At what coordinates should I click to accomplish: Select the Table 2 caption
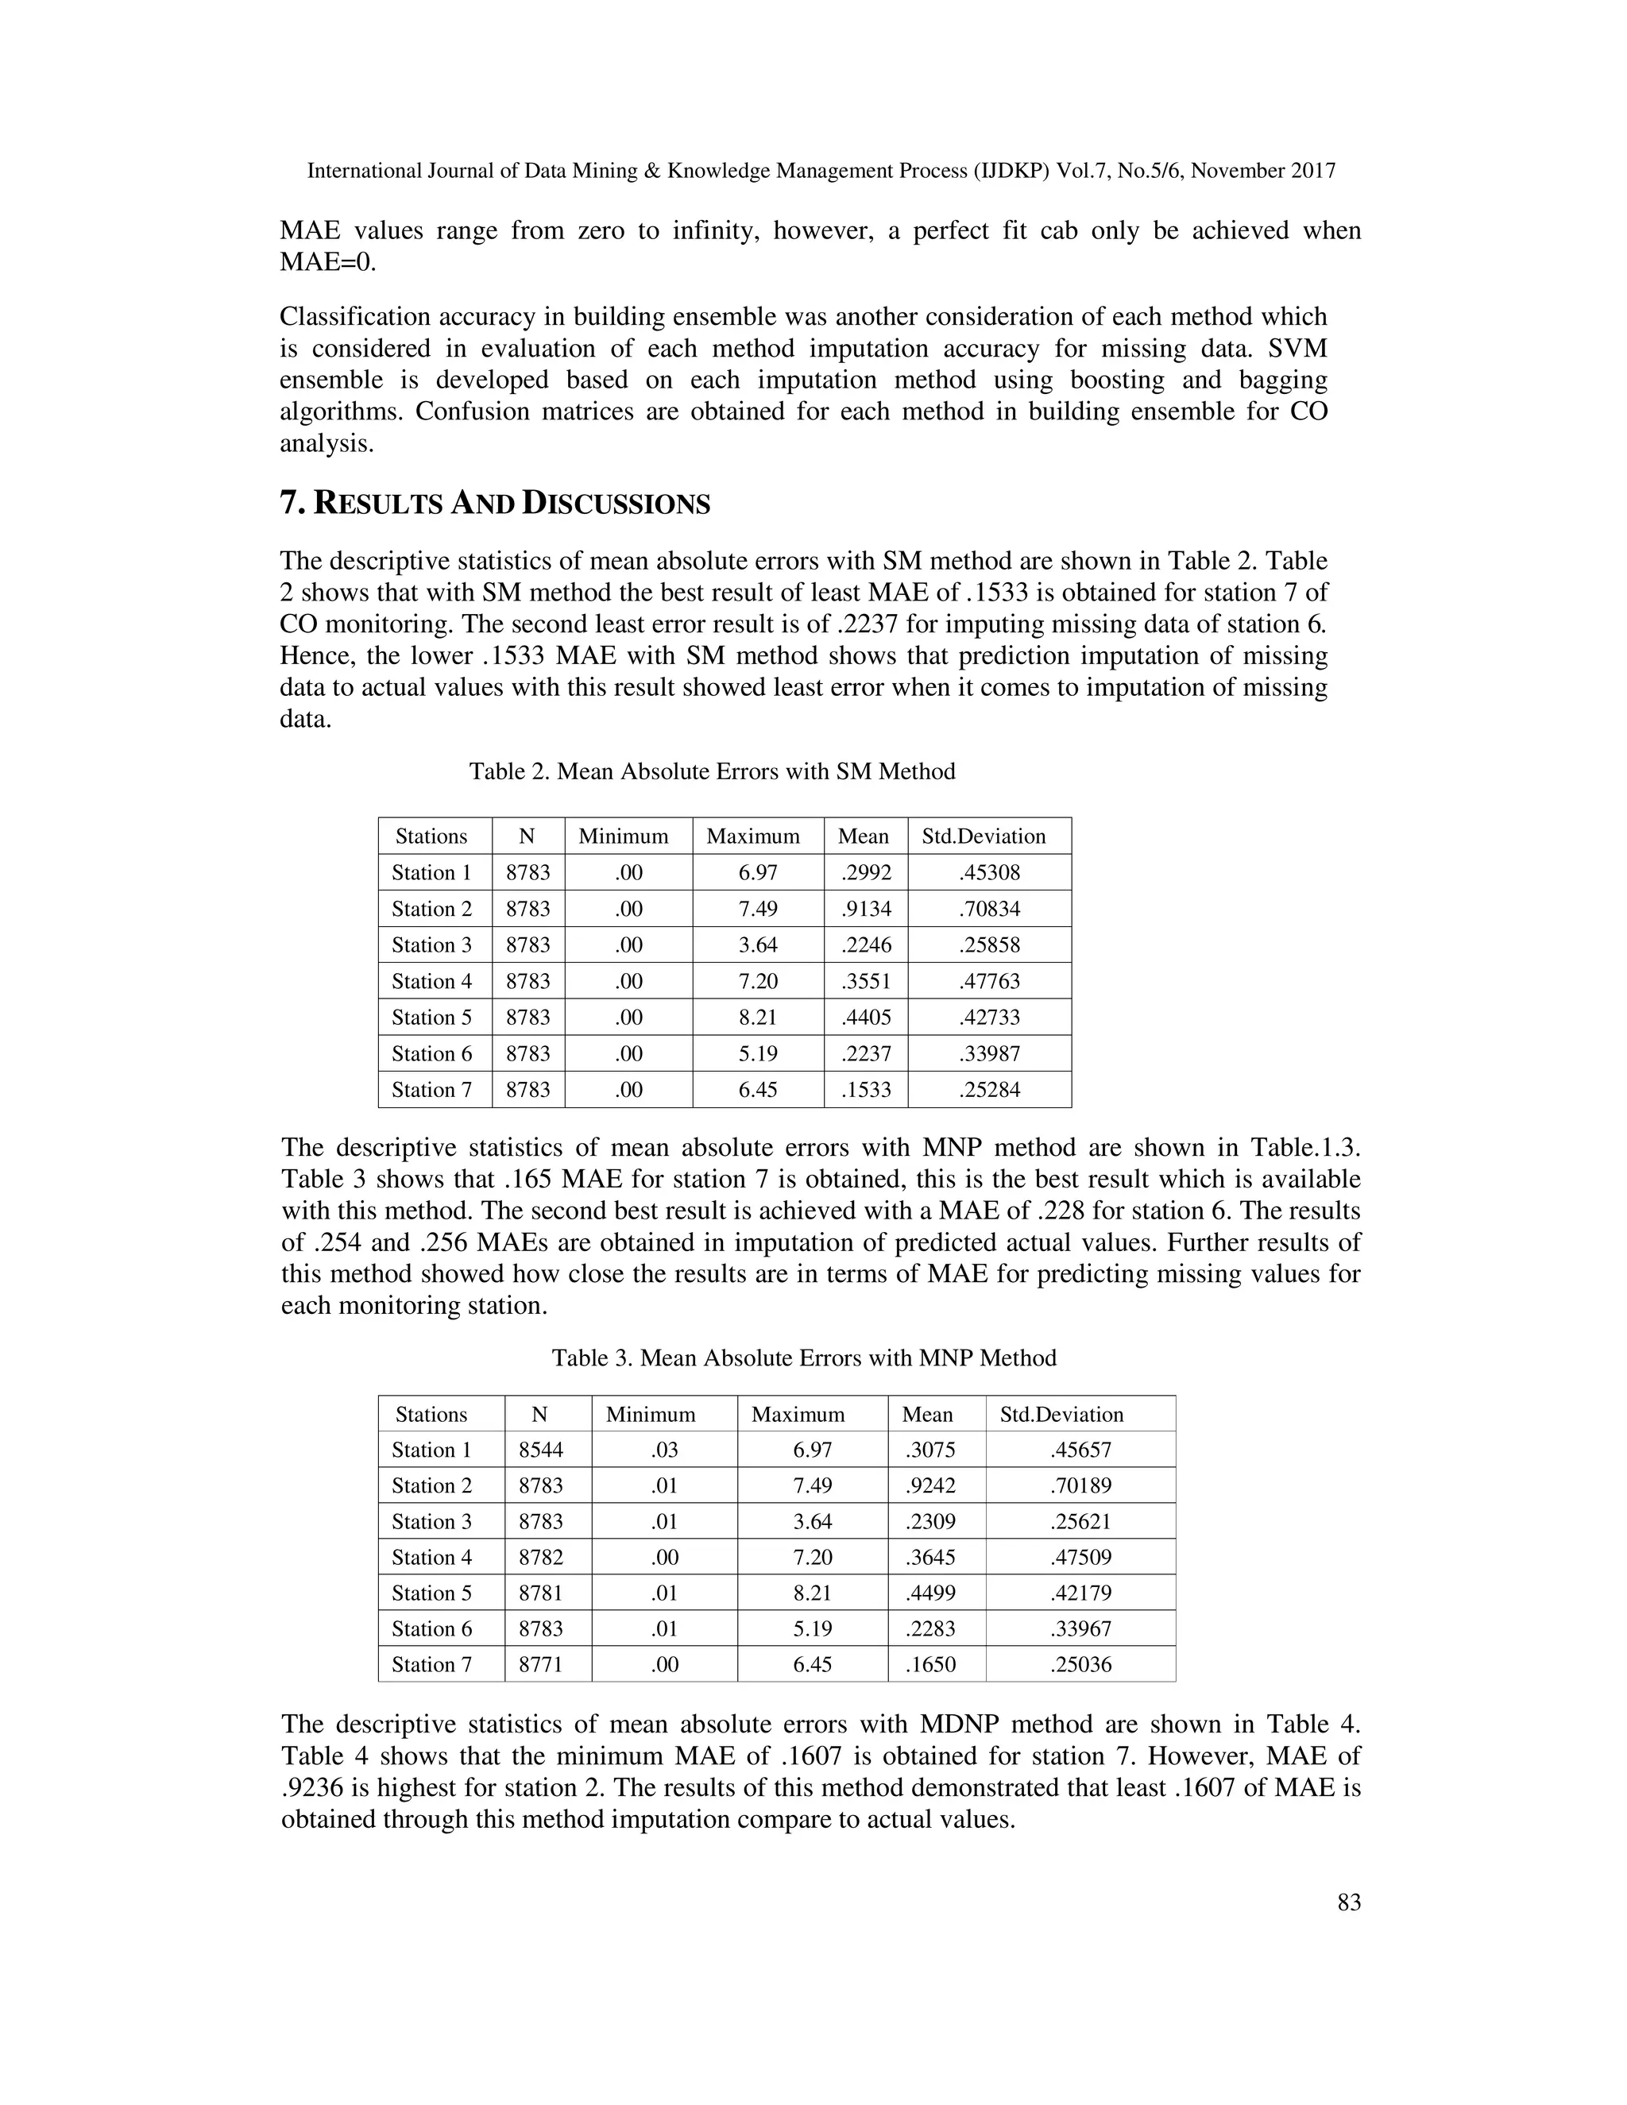click(x=711, y=771)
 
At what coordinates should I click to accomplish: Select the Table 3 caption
click(x=803, y=1358)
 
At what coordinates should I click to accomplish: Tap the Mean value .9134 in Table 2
click(x=866, y=909)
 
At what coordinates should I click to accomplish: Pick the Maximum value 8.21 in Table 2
click(x=758, y=1018)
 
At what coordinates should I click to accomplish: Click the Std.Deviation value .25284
click(x=989, y=1090)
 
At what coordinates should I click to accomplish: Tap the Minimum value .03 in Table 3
click(x=664, y=1450)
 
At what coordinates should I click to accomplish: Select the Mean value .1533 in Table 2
click(x=866, y=1090)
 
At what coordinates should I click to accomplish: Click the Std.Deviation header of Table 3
click(x=1061, y=1414)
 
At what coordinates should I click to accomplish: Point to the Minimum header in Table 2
click(x=623, y=836)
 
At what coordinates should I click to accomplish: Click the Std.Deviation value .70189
click(x=1080, y=1486)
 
